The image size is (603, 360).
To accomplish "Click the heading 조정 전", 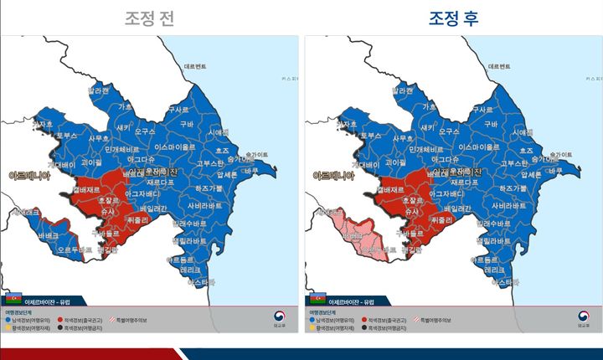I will click(151, 18).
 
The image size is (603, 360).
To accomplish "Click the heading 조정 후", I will click(453, 18).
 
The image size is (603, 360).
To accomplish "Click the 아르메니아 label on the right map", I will click(333, 176).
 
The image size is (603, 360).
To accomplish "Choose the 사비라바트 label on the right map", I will click(510, 205).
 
